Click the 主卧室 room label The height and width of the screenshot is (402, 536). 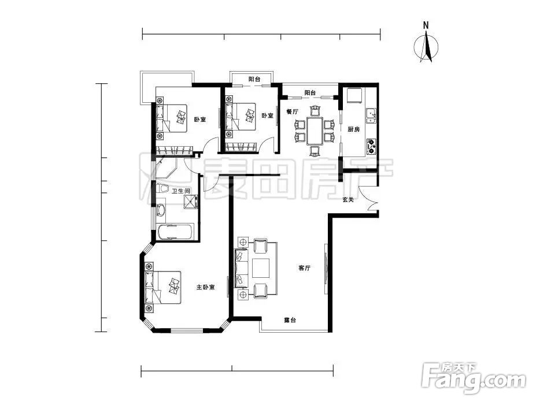[205, 287]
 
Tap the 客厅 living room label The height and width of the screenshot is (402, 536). [304, 268]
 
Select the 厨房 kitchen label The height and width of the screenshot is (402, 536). [354, 129]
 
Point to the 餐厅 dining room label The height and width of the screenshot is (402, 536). [293, 111]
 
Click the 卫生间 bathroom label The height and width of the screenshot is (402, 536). [180, 191]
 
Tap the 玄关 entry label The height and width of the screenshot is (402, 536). [348, 200]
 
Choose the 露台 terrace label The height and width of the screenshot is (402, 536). [290, 321]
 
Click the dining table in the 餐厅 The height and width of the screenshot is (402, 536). [315, 131]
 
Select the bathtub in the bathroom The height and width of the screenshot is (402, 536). [175, 232]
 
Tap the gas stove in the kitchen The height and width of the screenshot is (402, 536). [371, 146]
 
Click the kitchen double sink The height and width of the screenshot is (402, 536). [371, 116]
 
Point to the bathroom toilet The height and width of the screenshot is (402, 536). [163, 189]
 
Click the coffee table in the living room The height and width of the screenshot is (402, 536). [261, 269]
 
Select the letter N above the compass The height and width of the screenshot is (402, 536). [426, 25]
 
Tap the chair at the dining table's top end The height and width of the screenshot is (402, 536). [315, 111]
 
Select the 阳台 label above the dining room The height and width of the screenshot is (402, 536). [310, 92]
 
